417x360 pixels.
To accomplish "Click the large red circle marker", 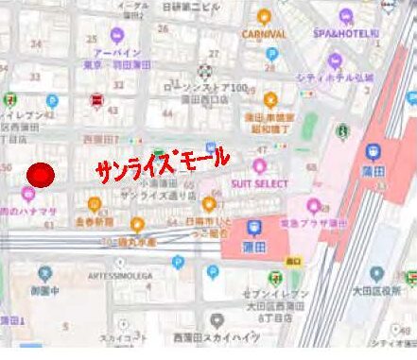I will (x=41, y=175).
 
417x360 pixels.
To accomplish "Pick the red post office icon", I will (x=96, y=101).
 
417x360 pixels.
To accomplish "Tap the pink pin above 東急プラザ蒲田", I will (x=313, y=207).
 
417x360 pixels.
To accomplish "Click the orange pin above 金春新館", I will (x=94, y=205).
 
